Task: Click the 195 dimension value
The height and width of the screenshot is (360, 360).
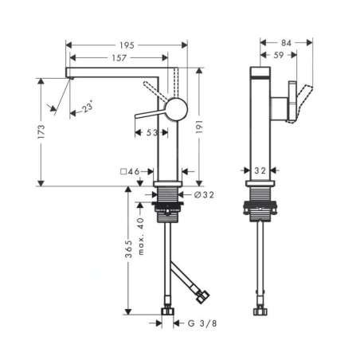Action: pyautogui.click(x=127, y=45)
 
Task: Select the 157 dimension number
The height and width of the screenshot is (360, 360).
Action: pyautogui.click(x=119, y=58)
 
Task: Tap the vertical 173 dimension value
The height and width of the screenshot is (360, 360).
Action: pyautogui.click(x=41, y=131)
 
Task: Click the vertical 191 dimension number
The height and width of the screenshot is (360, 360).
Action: pyautogui.click(x=199, y=127)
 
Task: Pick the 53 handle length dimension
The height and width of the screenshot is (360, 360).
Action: pyautogui.click(x=152, y=133)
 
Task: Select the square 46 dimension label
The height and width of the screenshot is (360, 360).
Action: pyautogui.click(x=130, y=172)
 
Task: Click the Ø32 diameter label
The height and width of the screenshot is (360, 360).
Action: pyautogui.click(x=204, y=195)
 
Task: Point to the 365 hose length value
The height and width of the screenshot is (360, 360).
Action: pyautogui.click(x=128, y=249)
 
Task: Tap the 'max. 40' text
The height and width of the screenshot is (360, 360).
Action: pyautogui.click(x=141, y=237)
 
